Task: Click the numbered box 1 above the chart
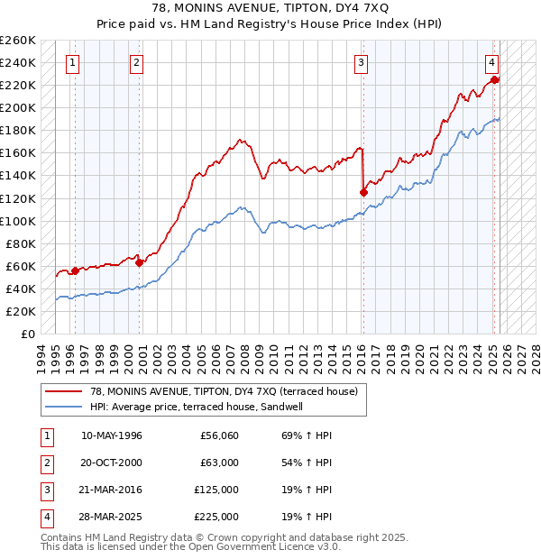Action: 71,63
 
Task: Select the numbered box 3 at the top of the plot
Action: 360,63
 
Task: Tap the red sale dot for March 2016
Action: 363,191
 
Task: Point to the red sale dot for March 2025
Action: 495,79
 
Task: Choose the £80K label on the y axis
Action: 21,243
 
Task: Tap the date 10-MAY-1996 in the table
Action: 112,435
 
